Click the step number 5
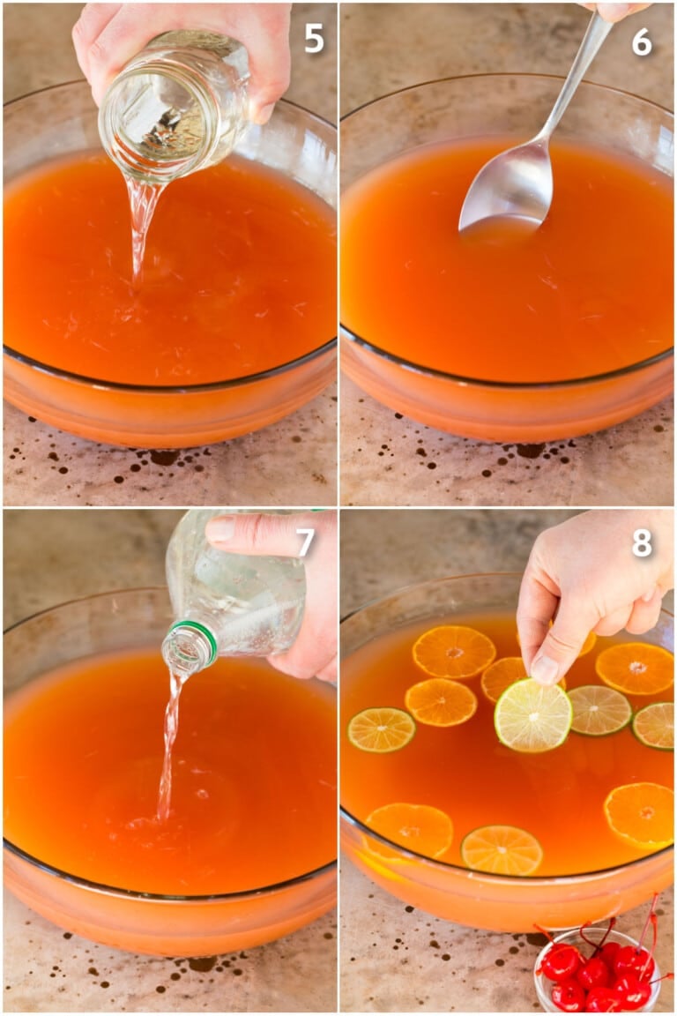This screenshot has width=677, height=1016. click(x=314, y=39)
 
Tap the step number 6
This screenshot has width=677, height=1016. click(x=642, y=42)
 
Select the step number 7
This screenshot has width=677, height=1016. click(x=305, y=542)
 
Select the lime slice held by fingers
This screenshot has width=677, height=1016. click(x=533, y=715)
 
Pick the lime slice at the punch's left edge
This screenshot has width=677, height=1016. click(x=381, y=729)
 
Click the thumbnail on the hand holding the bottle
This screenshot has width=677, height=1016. click(x=220, y=528)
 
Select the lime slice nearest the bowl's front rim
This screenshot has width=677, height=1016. click(x=502, y=850)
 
